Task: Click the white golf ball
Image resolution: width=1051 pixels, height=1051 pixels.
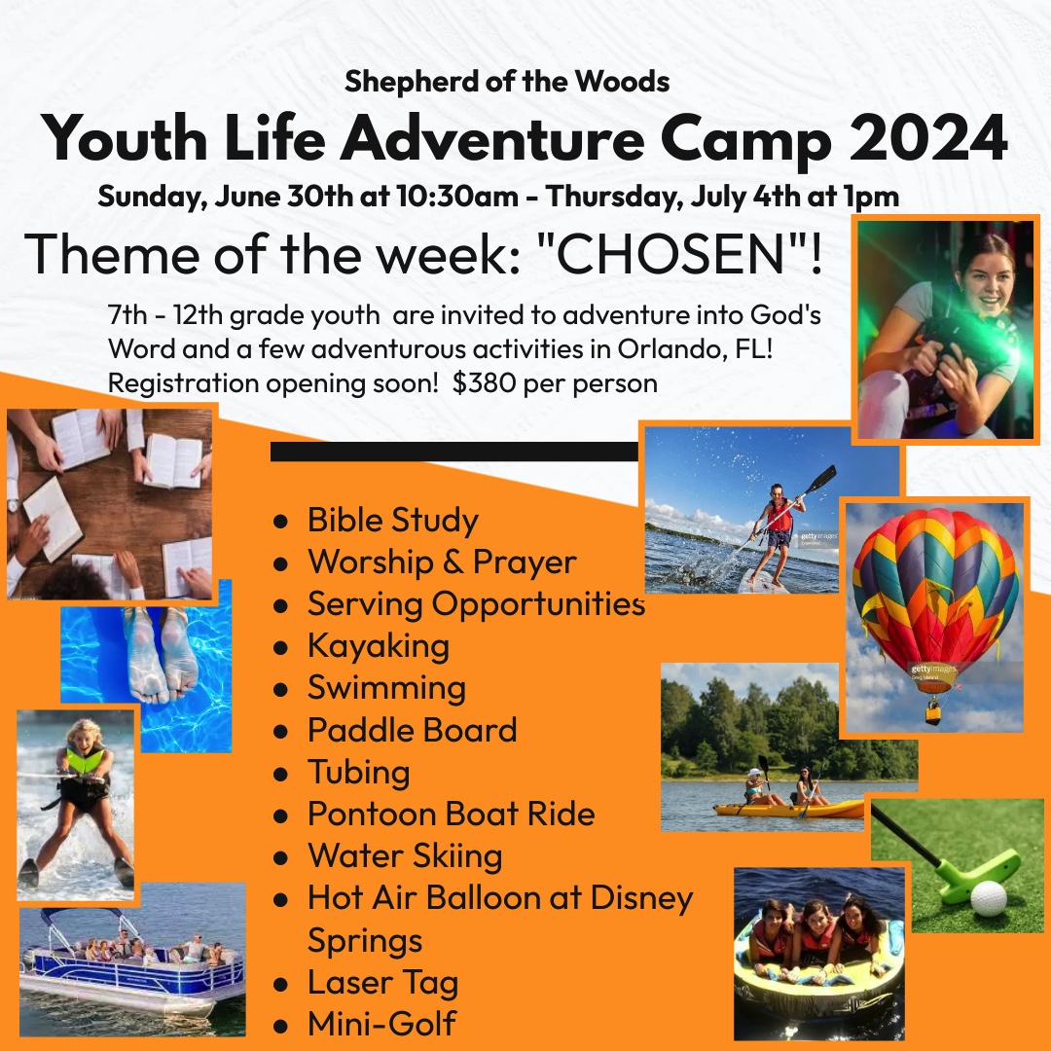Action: [x=988, y=898]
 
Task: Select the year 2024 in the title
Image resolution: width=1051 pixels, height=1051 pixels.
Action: [x=928, y=138]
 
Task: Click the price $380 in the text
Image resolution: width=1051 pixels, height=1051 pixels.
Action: [x=484, y=383]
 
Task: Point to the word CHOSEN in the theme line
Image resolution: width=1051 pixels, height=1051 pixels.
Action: [x=671, y=254]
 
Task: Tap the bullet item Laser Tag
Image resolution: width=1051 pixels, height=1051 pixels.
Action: [x=382, y=982]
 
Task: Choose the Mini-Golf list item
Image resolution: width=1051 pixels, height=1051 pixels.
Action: [x=381, y=1024]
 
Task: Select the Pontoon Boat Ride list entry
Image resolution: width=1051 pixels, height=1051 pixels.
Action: [x=452, y=814]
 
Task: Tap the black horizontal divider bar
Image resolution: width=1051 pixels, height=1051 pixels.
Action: [x=454, y=452]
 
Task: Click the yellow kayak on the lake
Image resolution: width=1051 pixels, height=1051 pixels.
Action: [x=788, y=810]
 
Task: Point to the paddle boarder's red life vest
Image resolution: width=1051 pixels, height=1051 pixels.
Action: [x=779, y=515]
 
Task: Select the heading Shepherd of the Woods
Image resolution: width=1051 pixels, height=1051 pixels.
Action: [x=507, y=82]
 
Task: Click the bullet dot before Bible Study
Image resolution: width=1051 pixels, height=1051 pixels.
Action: [x=281, y=522]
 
